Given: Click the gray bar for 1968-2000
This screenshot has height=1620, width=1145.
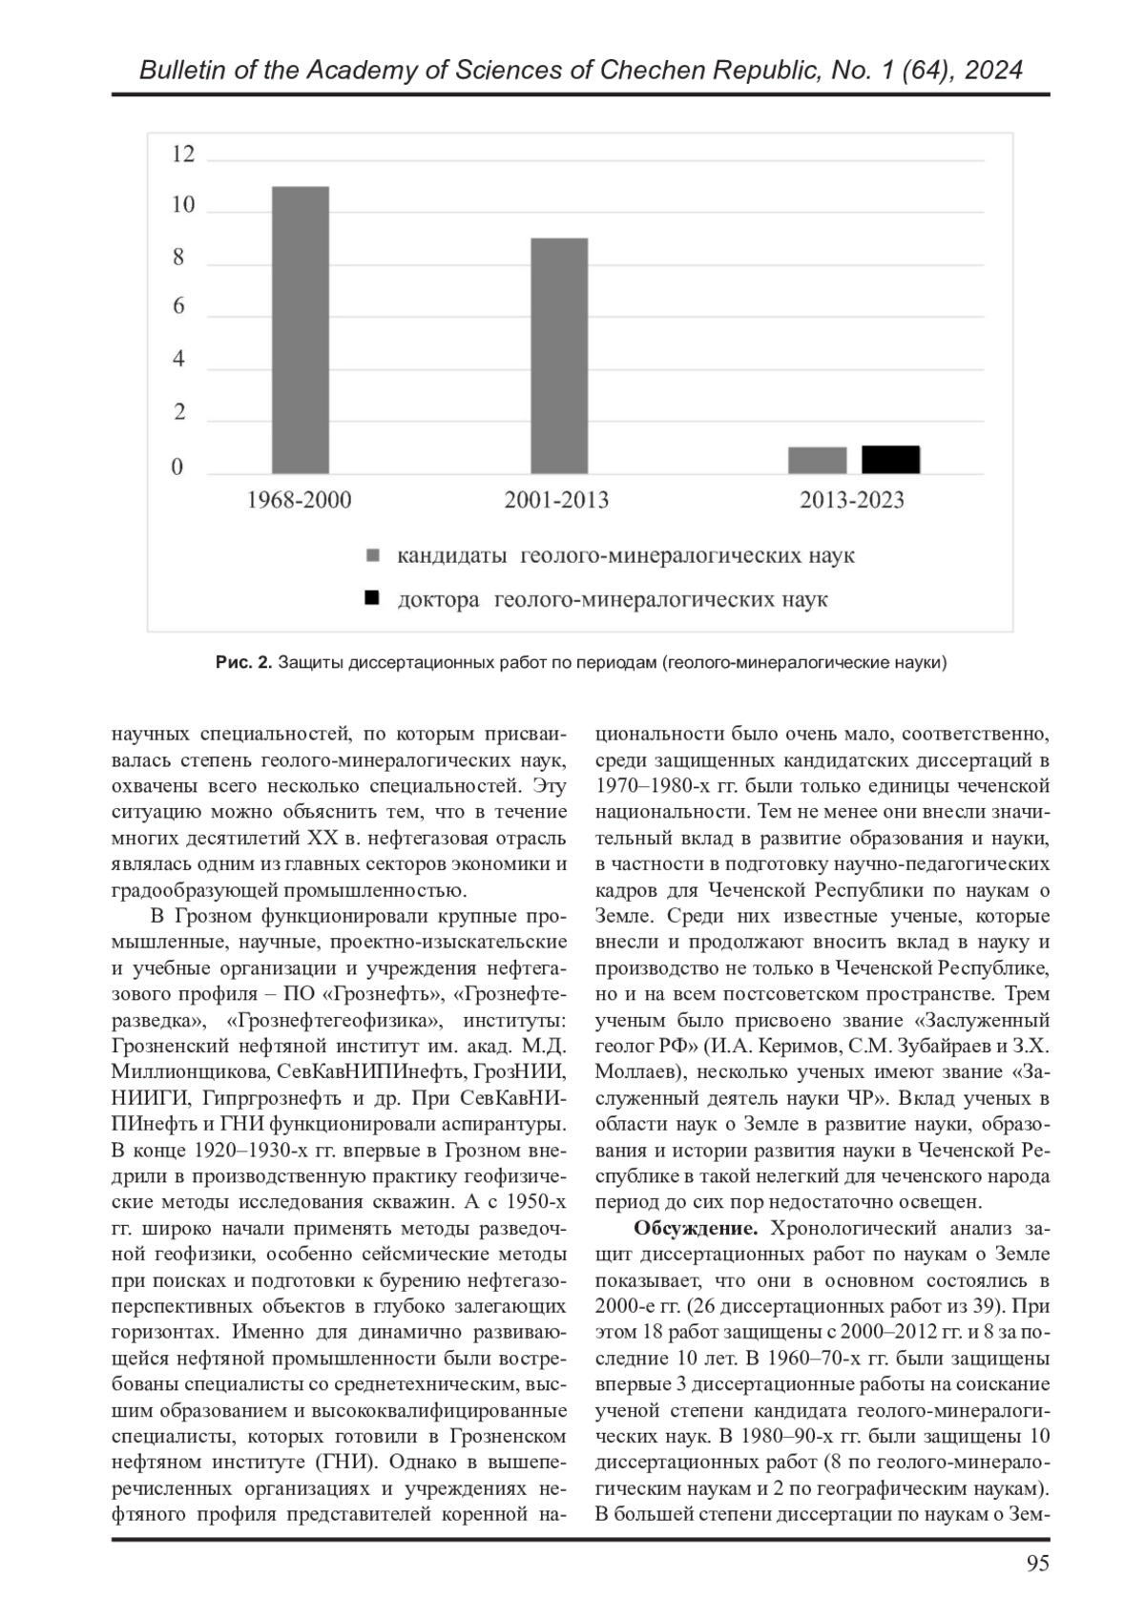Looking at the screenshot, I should point(300,329).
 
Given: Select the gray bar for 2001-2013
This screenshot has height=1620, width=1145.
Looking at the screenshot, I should point(558,355).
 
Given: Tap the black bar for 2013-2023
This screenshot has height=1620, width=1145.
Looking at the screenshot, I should point(890,460).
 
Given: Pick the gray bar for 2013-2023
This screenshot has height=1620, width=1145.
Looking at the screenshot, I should point(817,460).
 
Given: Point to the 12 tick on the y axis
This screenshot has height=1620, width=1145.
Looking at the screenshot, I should point(182,155).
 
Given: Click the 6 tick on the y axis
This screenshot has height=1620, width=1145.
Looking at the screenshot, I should point(178,308).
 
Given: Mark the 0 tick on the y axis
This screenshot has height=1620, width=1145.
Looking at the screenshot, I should point(177,467).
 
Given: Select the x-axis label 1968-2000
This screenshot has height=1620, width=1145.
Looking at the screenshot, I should point(299,500).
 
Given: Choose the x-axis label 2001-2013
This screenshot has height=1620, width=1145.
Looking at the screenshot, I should point(556,500).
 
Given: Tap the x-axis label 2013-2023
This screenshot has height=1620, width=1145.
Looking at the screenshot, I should point(852,500).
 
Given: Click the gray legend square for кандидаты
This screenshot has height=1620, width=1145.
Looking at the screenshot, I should point(373,555).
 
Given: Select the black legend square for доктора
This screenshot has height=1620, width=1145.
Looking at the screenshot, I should point(373,599).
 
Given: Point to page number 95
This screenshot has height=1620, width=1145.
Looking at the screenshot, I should point(1037,1564).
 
